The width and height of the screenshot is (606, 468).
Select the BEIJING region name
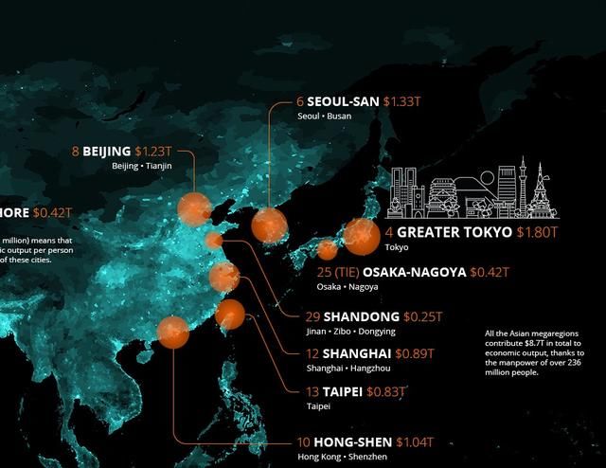[x=106, y=152]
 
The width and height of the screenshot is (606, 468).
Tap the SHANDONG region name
[x=361, y=316]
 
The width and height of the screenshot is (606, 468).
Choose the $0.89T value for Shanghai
[x=415, y=352]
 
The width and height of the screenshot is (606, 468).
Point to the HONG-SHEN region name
[x=355, y=442]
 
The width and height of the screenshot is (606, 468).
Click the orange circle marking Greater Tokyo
[x=359, y=234]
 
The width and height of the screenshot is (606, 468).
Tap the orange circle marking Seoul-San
[x=268, y=225]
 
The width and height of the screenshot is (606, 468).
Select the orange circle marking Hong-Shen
[x=172, y=332]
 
